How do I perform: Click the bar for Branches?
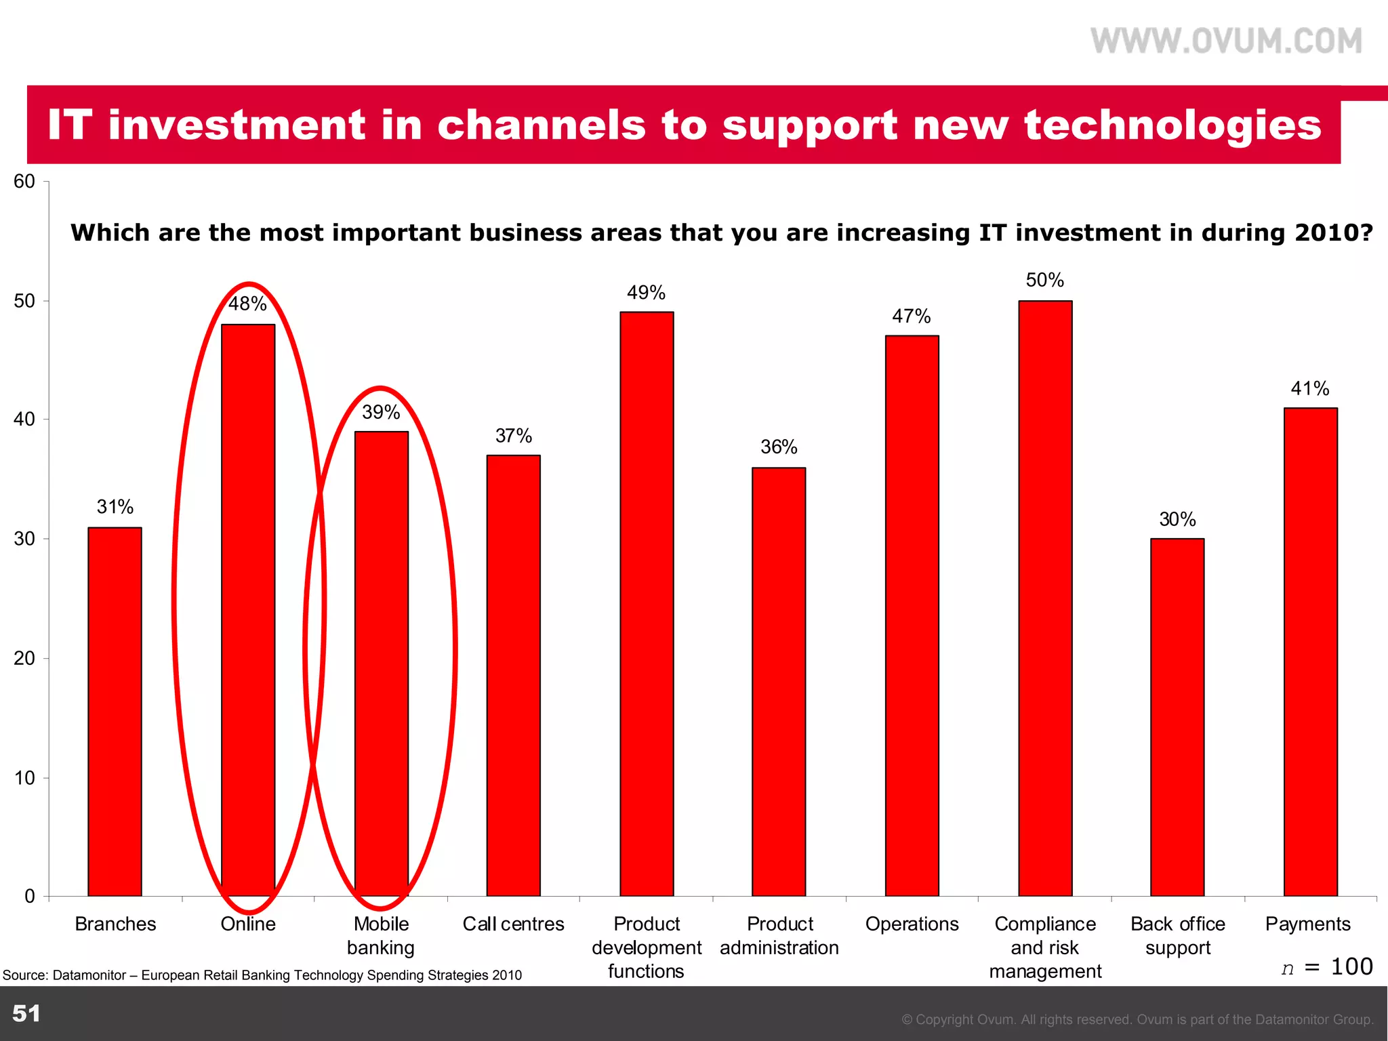(x=115, y=712)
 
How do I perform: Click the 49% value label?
(x=646, y=293)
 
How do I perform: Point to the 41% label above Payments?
(x=1309, y=389)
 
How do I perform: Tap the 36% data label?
(x=779, y=447)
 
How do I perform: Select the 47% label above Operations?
(x=911, y=317)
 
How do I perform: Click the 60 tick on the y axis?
(x=24, y=182)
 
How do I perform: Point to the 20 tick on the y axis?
(x=24, y=658)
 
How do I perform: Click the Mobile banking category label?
(x=381, y=935)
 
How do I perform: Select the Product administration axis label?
(x=779, y=935)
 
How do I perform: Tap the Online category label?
(x=248, y=924)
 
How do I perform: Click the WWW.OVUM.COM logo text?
(x=1226, y=41)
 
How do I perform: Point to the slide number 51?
(x=26, y=1013)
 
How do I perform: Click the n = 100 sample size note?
(x=1326, y=966)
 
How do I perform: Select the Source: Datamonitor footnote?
(x=262, y=975)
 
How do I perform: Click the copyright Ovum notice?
(x=1137, y=1019)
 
